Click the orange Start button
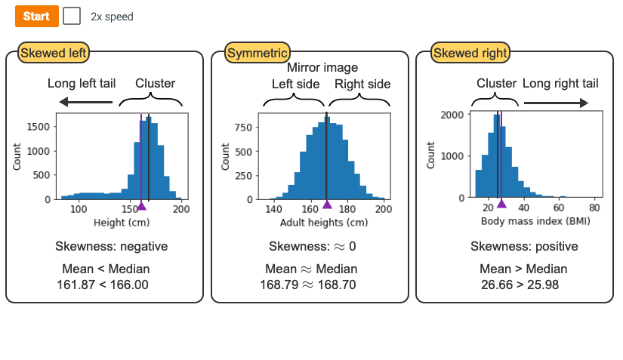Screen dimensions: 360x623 click(x=36, y=16)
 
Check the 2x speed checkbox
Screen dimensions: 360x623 click(x=72, y=16)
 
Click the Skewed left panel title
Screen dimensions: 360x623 click(x=54, y=53)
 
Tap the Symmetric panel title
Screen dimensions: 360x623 click(x=258, y=53)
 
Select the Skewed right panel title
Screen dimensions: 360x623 click(x=470, y=53)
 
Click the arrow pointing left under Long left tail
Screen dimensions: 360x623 click(x=86, y=103)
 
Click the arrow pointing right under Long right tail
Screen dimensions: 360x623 click(x=556, y=103)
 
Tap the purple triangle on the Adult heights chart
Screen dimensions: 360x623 click(x=327, y=205)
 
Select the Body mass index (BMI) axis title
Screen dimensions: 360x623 click(x=535, y=223)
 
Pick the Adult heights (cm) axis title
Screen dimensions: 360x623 click(x=324, y=223)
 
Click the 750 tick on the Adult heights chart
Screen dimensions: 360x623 click(x=242, y=126)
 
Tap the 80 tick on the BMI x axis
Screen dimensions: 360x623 click(x=594, y=209)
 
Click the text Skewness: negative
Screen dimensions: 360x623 click(x=112, y=247)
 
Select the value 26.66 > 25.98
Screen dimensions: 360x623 click(x=523, y=285)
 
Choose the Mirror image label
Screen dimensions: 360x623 click(x=322, y=67)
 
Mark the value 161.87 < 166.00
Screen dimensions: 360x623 click(x=103, y=285)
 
